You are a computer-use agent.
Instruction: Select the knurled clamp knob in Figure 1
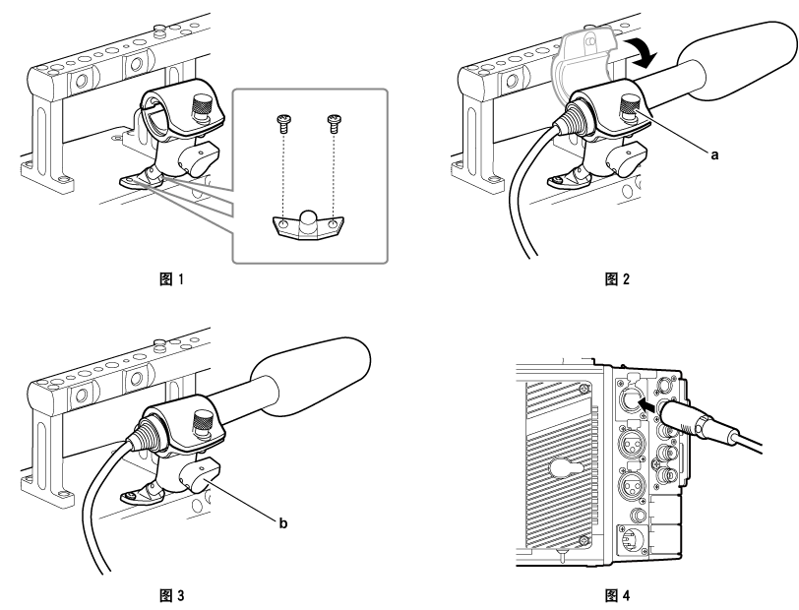pos(202,105)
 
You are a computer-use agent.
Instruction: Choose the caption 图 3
pos(171,594)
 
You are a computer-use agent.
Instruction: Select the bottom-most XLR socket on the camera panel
pos(628,539)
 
